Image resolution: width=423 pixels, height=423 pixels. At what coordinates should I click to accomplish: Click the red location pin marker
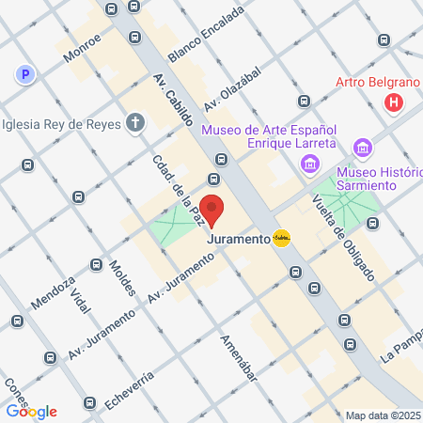[212, 211]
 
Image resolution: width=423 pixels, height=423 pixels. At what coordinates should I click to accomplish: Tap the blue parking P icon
[25, 74]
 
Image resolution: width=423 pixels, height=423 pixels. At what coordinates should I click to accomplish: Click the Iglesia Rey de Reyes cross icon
[136, 122]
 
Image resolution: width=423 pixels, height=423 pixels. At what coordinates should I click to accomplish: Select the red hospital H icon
[394, 102]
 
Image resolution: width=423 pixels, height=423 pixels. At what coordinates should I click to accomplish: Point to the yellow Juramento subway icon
[281, 239]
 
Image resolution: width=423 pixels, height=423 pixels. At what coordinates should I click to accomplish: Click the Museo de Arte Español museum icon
[309, 165]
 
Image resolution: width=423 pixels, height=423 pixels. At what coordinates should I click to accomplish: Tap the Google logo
[32, 411]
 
